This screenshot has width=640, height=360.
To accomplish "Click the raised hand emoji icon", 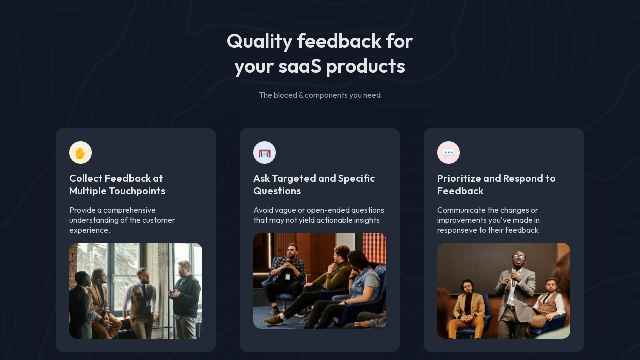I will [x=80, y=153].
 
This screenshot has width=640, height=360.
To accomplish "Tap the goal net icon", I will [x=264, y=153].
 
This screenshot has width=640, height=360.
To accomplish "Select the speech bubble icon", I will [x=448, y=153].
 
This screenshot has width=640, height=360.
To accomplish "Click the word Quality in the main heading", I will [x=259, y=41].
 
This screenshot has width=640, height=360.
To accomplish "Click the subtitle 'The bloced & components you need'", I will [x=320, y=95].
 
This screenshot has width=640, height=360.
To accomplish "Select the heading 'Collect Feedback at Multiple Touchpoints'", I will [x=117, y=184].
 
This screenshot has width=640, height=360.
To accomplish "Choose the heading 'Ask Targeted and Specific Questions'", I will [x=314, y=184].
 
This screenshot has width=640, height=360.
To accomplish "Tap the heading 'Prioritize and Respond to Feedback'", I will [x=496, y=184].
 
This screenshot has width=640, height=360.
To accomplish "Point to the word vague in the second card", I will [x=286, y=210].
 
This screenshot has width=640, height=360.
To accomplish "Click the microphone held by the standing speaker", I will [x=514, y=278].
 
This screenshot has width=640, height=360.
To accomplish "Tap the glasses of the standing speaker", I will [x=519, y=257].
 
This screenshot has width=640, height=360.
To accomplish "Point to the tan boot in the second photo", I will [x=274, y=319].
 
